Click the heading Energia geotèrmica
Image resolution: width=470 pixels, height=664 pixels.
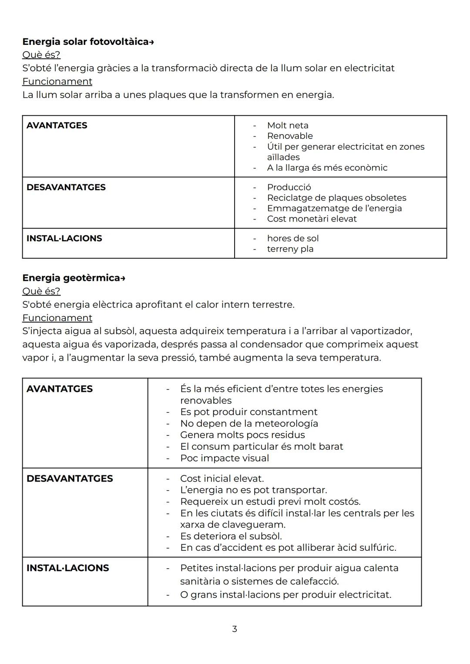74,278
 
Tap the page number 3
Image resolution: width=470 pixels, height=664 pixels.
235,629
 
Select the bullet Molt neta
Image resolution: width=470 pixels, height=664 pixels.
287,125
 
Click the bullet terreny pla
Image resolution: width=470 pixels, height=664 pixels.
290,249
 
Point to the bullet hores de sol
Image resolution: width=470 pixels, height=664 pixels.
292,238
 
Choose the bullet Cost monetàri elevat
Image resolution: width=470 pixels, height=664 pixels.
312,219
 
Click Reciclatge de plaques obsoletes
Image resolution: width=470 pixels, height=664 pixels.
336,198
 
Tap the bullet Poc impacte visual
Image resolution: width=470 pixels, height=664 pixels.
225,458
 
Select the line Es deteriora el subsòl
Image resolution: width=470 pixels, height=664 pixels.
231,536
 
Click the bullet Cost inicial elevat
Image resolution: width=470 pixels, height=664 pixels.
222,479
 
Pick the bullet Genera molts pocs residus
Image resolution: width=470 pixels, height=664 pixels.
242,435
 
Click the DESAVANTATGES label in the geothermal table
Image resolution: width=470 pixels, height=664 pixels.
70,479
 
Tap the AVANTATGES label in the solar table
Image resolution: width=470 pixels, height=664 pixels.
57,125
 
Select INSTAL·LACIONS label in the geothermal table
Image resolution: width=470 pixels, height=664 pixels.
67,568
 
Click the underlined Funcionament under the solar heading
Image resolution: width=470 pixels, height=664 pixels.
57,81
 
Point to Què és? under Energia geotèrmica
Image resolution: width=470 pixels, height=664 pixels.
41,291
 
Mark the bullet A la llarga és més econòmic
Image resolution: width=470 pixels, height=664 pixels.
327,168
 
